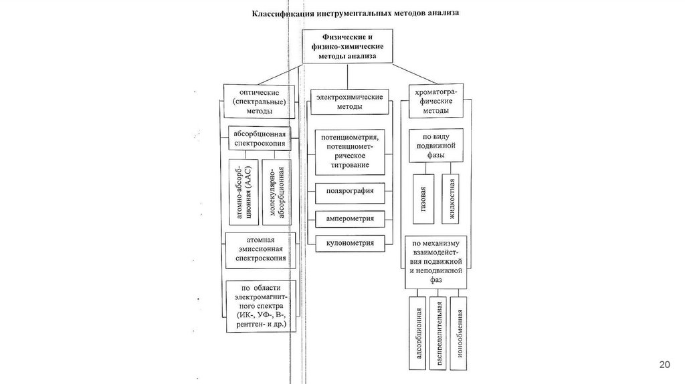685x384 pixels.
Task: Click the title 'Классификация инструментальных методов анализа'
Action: pos(355,13)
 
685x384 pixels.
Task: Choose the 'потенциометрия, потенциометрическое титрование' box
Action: pos(349,151)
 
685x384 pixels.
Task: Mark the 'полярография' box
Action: pos(349,192)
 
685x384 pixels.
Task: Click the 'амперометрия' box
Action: pos(349,219)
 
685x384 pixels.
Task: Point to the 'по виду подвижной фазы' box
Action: pos(436,144)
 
